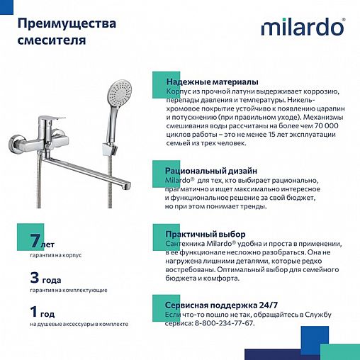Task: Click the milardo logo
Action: click(x=303, y=28)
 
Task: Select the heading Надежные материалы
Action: click(x=212, y=82)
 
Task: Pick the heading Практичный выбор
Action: click(x=206, y=235)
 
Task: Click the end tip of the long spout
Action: click(x=128, y=186)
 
